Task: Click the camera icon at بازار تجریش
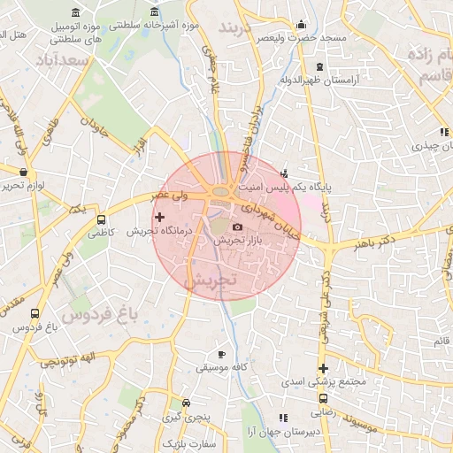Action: click(236, 228)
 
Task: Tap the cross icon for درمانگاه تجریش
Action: click(159, 217)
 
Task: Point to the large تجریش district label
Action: click(211, 280)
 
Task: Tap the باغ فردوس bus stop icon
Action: click(35, 313)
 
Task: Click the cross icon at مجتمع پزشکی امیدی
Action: click(323, 368)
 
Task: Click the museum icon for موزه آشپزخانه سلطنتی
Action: click(155, 13)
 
